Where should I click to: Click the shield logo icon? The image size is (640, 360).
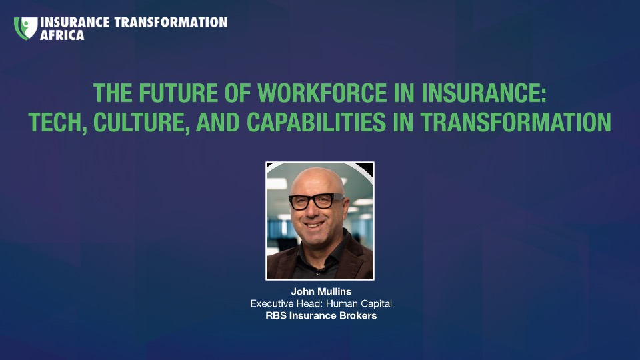pos(26,28)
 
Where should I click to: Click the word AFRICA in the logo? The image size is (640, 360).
pos(62,35)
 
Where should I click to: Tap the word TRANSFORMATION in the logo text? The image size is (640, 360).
pos(171,22)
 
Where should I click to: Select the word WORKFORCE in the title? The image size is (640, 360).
pos(322,93)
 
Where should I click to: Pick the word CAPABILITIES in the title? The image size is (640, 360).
pos(316,122)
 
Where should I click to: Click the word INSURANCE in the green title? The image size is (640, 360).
pos(484,93)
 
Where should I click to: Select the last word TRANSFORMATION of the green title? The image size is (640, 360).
pos(515,122)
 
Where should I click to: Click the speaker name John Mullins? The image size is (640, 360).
pos(321,291)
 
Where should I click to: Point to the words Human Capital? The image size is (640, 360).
pos(359,304)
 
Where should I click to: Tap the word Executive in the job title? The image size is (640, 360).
pos(271,304)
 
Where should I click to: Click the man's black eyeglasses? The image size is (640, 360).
pos(316,201)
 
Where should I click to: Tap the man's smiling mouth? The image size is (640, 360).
pos(314,224)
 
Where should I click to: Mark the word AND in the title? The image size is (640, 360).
pos(217,122)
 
